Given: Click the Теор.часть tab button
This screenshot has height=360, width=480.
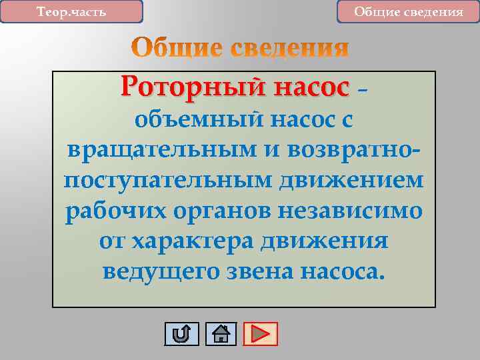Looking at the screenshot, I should tap(71, 12).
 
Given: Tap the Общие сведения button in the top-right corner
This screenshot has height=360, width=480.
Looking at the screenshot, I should tap(408, 12).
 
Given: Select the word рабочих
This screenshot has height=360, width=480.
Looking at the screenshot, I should tap(113, 211).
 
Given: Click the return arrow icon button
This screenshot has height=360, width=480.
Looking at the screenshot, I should tap(181, 333).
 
